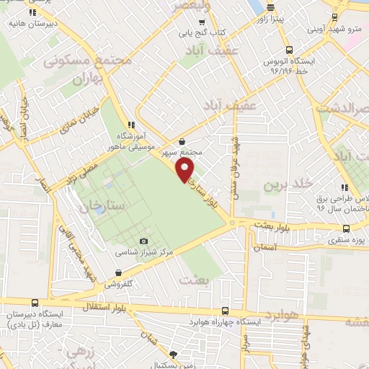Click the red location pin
pyautogui.click(x=185, y=170)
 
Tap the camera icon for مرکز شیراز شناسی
pyautogui.click(x=143, y=241)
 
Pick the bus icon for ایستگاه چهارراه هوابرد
pyautogui.click(x=226, y=311)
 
